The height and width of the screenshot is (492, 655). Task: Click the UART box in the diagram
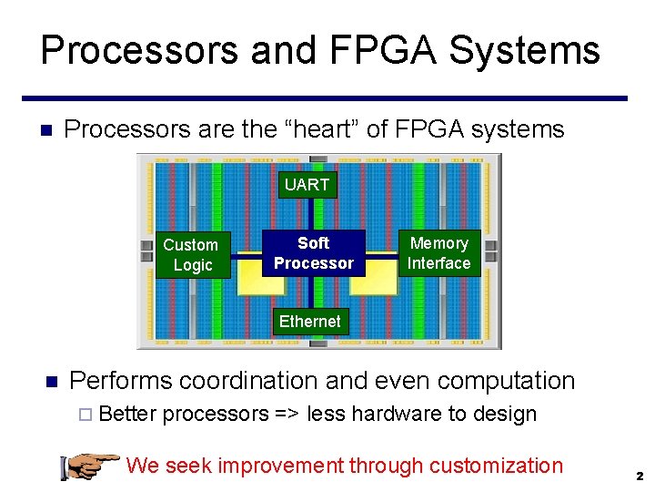pyautogui.click(x=307, y=185)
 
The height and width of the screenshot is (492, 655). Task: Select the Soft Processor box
pyautogui.click(x=313, y=253)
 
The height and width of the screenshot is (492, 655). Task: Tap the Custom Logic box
pyautogui.click(x=191, y=255)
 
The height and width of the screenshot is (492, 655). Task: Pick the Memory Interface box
pyautogui.click(x=438, y=253)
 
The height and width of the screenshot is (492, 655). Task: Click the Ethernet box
pyautogui.click(x=309, y=322)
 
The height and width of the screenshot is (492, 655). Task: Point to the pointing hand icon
pyautogui.click(x=88, y=465)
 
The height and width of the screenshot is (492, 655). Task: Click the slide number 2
pyautogui.click(x=640, y=476)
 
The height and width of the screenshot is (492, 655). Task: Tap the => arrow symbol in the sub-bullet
pyautogui.click(x=287, y=415)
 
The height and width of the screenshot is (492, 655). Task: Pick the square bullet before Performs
pyautogui.click(x=52, y=381)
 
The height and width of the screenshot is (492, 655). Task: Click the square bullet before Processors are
pyautogui.click(x=49, y=130)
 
